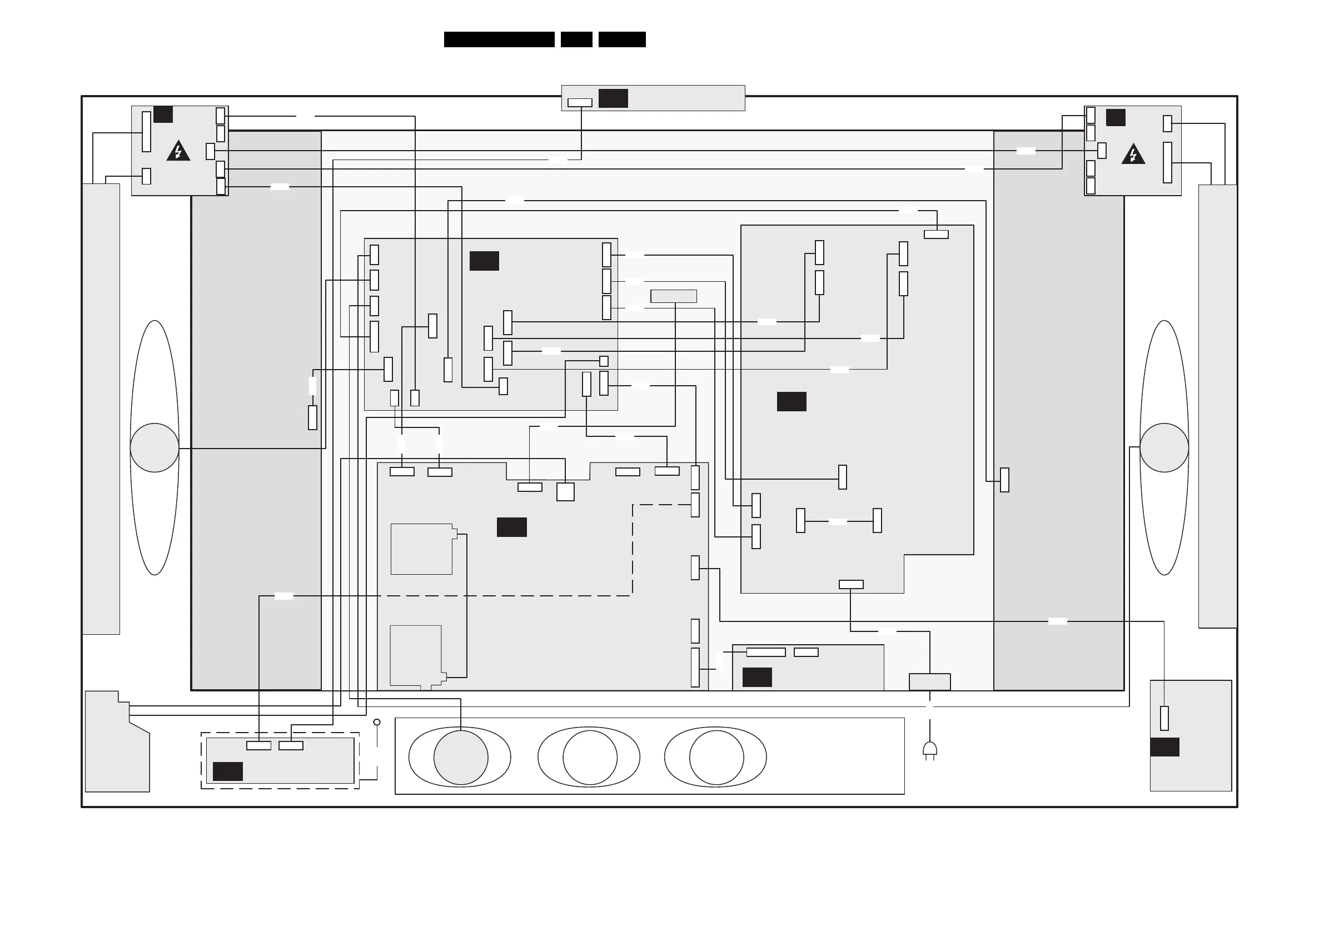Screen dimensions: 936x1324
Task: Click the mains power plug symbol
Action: [929, 750]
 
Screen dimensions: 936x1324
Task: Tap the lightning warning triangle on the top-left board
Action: [178, 151]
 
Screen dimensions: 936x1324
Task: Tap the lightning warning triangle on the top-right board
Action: [1133, 154]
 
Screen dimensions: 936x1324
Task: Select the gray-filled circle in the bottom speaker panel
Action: [461, 757]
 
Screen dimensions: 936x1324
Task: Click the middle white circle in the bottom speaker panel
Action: [589, 757]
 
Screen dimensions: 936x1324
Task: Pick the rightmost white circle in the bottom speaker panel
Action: [716, 757]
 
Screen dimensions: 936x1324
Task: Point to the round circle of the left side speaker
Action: [155, 447]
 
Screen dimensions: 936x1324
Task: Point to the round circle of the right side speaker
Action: [1164, 447]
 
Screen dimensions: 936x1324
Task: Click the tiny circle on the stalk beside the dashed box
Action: [377, 722]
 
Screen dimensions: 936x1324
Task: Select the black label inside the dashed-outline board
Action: [228, 771]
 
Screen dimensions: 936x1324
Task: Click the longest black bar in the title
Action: [499, 39]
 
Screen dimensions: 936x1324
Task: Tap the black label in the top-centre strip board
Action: [613, 98]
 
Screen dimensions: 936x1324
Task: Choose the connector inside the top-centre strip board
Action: [580, 103]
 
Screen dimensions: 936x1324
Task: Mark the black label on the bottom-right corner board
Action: [1164, 747]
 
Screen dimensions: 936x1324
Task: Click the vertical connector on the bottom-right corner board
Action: [1164, 718]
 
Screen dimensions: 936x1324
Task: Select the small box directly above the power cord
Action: [929, 681]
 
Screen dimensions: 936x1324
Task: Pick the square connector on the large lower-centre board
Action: [565, 492]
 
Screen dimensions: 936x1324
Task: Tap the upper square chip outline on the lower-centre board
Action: [422, 549]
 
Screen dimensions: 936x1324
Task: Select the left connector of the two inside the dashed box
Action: [258, 745]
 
